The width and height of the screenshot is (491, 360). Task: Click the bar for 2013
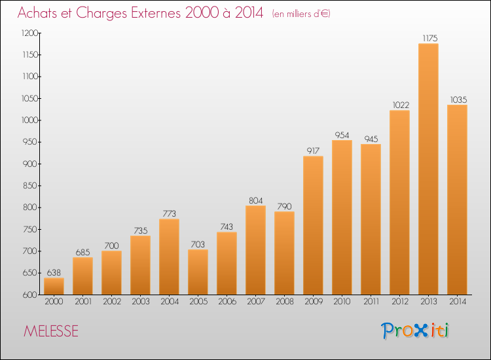pyautogui.click(x=428, y=169)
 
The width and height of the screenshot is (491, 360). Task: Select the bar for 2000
pyautogui.click(x=54, y=286)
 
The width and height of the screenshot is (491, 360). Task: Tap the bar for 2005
pyautogui.click(x=198, y=272)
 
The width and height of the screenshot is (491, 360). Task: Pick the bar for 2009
pyautogui.click(x=313, y=225)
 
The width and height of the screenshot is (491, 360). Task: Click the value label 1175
pyautogui.click(x=430, y=38)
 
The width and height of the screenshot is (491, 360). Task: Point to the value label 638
pyautogui.click(x=54, y=273)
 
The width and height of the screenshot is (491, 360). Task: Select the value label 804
pyautogui.click(x=255, y=200)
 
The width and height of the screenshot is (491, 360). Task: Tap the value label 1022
pyautogui.click(x=401, y=105)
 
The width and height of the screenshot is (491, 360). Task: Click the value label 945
pyautogui.click(x=371, y=139)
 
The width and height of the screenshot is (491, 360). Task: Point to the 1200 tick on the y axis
pyautogui.click(x=29, y=33)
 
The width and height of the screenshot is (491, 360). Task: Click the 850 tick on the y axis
pyautogui.click(x=30, y=186)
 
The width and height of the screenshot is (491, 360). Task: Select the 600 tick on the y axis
pyautogui.click(x=30, y=295)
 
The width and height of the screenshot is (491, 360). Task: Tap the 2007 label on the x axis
pyautogui.click(x=256, y=302)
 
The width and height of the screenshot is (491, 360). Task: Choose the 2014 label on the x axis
pyautogui.click(x=458, y=302)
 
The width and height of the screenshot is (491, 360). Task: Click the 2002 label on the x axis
pyautogui.click(x=112, y=302)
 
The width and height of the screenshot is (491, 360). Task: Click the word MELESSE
pyautogui.click(x=50, y=331)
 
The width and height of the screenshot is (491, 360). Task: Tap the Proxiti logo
pyautogui.click(x=415, y=331)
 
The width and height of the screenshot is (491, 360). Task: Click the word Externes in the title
pyautogui.click(x=156, y=13)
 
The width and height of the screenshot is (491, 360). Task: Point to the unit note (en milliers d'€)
pyautogui.click(x=301, y=14)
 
